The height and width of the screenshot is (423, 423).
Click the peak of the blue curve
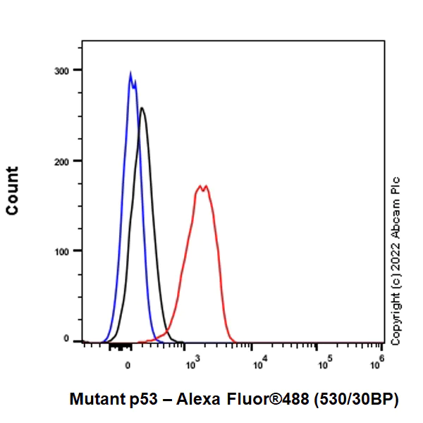[130, 73]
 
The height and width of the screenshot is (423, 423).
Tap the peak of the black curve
[142, 108]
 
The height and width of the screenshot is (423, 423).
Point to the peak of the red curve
[202, 187]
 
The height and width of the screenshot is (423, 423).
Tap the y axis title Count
[13, 190]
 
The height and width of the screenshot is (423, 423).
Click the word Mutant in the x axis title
[95, 400]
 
